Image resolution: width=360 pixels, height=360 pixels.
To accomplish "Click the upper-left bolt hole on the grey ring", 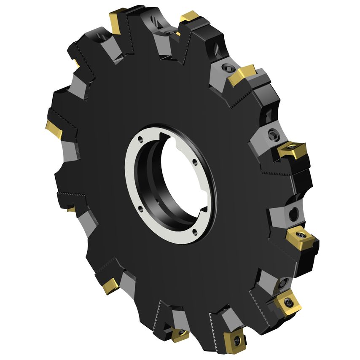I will coord(142,141).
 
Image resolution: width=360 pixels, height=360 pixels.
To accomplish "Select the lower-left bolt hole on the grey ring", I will coord(140,208).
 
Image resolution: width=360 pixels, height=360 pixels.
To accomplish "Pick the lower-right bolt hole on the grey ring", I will coord(195,230).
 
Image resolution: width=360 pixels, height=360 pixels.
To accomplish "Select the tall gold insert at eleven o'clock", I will coord(116,21).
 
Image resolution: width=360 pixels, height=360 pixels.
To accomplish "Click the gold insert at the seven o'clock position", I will coord(111,287).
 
